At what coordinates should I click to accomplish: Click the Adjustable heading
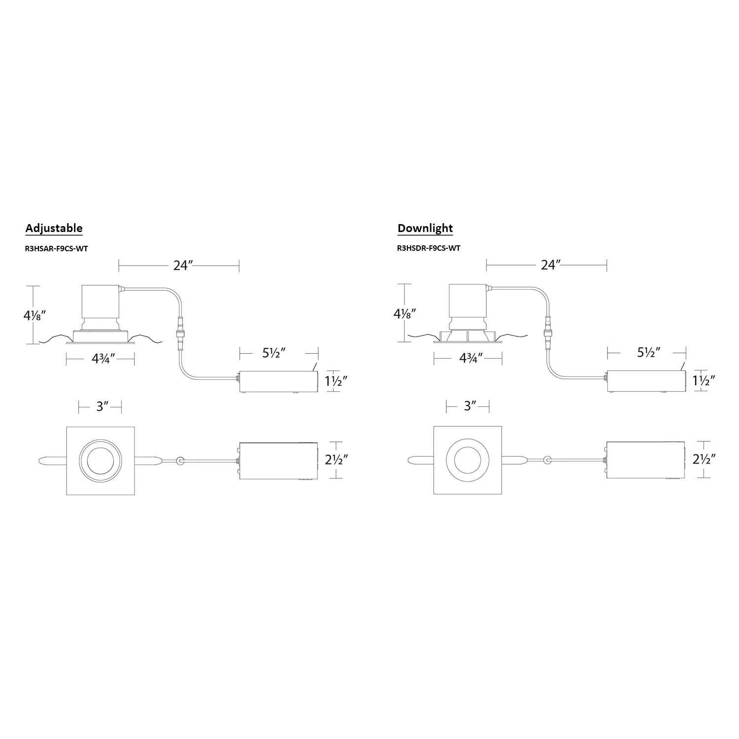pos(54,229)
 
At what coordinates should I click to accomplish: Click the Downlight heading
pos(425,229)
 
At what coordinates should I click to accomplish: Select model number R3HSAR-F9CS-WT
pos(56,248)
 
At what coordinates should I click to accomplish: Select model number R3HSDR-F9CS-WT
pos(429,248)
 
